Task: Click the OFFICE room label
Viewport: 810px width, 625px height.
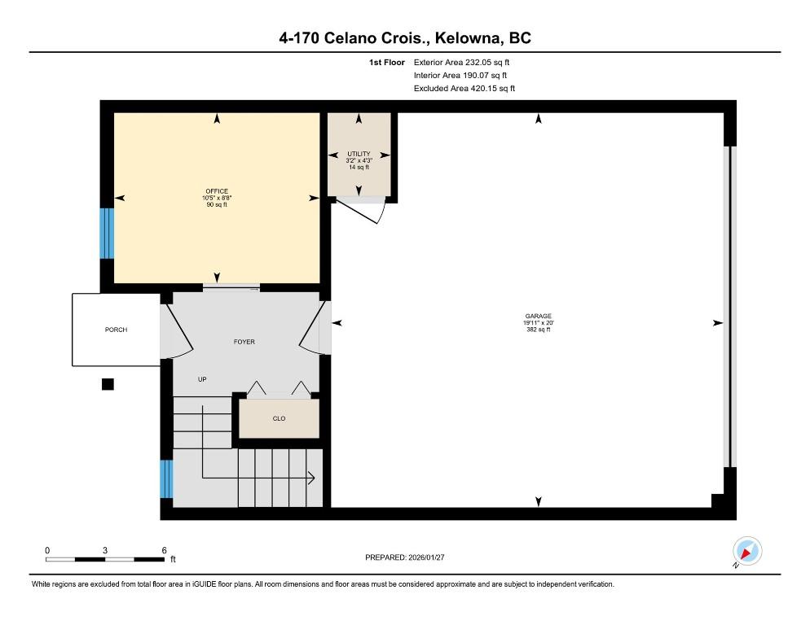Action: pyautogui.click(x=217, y=191)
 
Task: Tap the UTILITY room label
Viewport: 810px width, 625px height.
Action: pyautogui.click(x=359, y=154)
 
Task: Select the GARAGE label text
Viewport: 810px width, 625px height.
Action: pyautogui.click(x=539, y=316)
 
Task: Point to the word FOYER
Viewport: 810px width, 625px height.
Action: pyautogui.click(x=244, y=342)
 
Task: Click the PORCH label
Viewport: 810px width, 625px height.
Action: pyautogui.click(x=116, y=330)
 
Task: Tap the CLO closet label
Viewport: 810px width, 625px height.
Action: pyautogui.click(x=279, y=418)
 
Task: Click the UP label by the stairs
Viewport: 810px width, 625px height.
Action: pyautogui.click(x=202, y=379)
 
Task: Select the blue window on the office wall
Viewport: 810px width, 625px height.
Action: pyautogui.click(x=107, y=234)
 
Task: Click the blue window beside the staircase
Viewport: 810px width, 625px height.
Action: pyautogui.click(x=166, y=479)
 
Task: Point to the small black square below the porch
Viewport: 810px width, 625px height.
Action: pyautogui.click(x=108, y=384)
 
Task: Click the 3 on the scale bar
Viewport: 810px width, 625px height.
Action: pyautogui.click(x=105, y=550)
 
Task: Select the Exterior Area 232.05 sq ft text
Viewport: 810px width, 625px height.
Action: pyautogui.click(x=461, y=63)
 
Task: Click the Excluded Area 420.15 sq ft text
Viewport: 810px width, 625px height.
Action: pyautogui.click(x=464, y=88)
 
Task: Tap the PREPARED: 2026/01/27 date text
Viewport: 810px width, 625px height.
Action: pyautogui.click(x=404, y=557)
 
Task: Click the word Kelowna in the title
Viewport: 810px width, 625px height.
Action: pyautogui.click(x=468, y=38)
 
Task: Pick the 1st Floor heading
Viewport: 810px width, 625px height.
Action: pyautogui.click(x=387, y=63)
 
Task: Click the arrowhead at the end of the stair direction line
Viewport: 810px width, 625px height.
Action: pyautogui.click(x=311, y=478)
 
